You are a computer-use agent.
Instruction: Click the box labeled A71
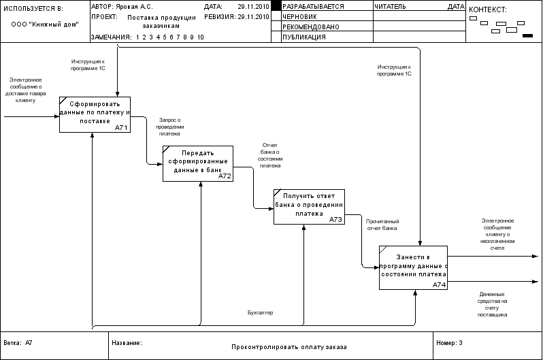point(95,114)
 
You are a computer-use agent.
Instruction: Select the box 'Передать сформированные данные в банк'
point(198,163)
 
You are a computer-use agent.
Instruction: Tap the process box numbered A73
point(309,206)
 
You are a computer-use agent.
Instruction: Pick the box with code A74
point(413,267)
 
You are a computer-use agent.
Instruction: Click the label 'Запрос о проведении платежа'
point(169,127)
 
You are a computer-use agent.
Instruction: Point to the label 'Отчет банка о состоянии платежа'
point(270,155)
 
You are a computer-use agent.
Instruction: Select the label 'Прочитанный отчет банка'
point(382,225)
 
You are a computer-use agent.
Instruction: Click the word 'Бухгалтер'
point(259,312)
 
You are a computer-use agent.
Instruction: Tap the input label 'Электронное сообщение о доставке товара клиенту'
point(25,90)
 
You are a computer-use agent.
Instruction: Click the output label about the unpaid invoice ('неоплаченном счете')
point(497,235)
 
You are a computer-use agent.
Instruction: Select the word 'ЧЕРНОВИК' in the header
point(299,16)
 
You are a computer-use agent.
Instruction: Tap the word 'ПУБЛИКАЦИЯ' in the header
point(303,37)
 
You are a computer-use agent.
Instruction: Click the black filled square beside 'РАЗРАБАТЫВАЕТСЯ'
point(276,5)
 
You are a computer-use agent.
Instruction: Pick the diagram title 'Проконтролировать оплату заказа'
point(289,347)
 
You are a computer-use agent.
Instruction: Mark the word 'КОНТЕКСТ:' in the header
point(488,10)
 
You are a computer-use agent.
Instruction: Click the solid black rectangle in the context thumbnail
point(526,36)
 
